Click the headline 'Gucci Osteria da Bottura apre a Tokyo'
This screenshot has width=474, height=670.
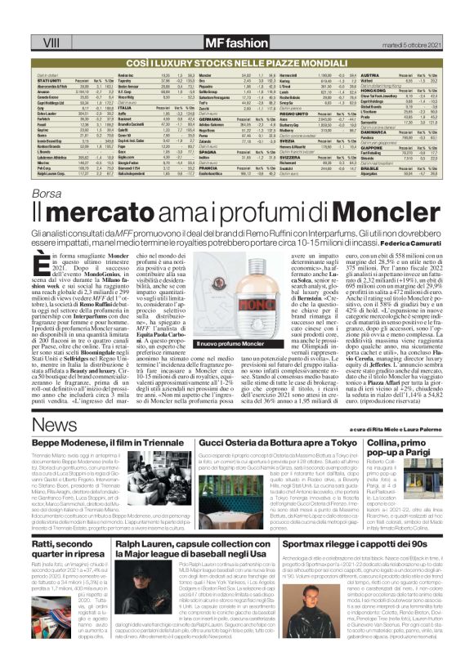pyautogui.click(x=272, y=442)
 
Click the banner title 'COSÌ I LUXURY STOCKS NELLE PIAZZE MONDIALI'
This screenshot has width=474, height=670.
pyautogui.click(x=236, y=62)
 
